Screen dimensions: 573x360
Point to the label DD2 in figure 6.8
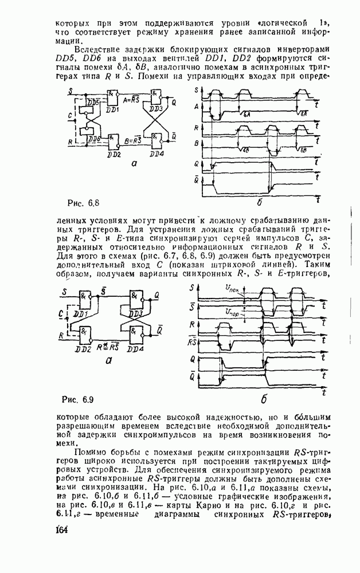(x=114, y=155)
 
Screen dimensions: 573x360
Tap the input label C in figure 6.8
(x=69, y=116)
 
